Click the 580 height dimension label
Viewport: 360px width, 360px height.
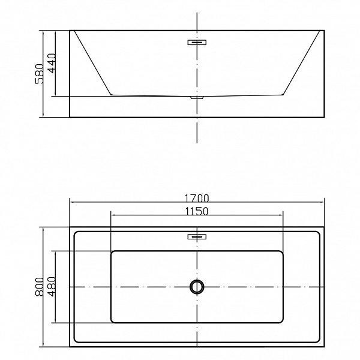[x=39, y=74]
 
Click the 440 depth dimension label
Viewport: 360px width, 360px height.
[x=52, y=63]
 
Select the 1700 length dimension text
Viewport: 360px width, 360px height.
[x=197, y=198]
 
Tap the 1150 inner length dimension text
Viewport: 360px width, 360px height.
[x=197, y=211]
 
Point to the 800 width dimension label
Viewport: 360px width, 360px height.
[x=39, y=287]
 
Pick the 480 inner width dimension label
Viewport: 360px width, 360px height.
[x=52, y=287]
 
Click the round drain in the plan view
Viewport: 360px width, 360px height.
[x=197, y=287]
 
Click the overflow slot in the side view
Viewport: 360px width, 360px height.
[x=197, y=42]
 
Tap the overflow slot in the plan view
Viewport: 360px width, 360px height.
[x=197, y=236]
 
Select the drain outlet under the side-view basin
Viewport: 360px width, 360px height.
[x=197, y=98]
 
